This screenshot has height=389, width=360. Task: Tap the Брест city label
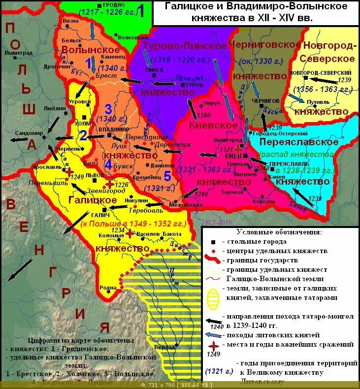pyautogui.click(x=107, y=76)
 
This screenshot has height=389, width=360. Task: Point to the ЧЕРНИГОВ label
pyautogui.click(x=266, y=100)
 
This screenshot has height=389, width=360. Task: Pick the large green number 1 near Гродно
pyautogui.click(x=140, y=10)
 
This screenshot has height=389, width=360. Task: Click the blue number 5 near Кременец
pyautogui.click(x=167, y=176)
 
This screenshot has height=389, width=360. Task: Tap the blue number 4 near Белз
pyautogui.click(x=108, y=164)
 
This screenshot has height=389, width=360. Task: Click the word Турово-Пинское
pyautogui.click(x=185, y=46)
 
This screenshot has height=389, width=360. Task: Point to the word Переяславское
pyautogui.click(x=295, y=142)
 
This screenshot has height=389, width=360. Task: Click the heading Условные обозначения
pyautogui.click(x=279, y=232)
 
